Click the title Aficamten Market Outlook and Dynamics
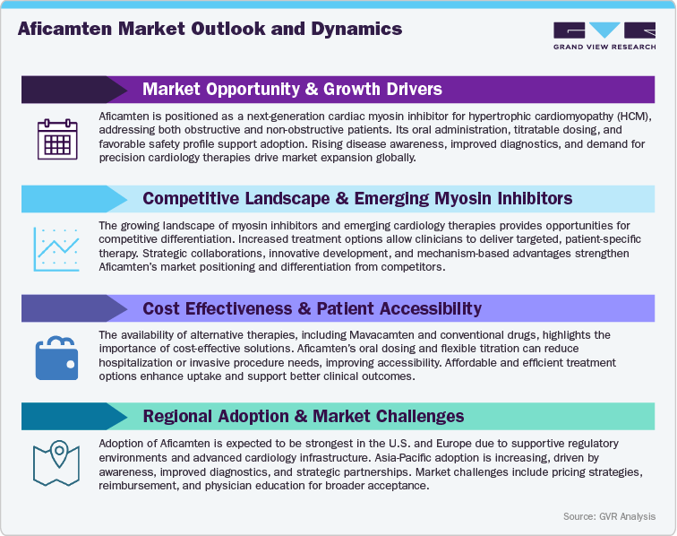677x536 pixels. coord(210,30)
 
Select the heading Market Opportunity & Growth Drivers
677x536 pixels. coord(292,90)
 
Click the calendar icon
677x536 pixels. coord(56,139)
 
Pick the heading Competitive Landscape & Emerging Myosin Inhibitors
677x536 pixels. coord(357,198)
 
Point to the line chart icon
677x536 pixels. coord(56,248)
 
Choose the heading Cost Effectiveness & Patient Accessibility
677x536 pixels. coord(312,308)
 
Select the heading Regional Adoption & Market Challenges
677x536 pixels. coord(304,416)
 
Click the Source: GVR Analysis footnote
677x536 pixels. coord(608,516)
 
